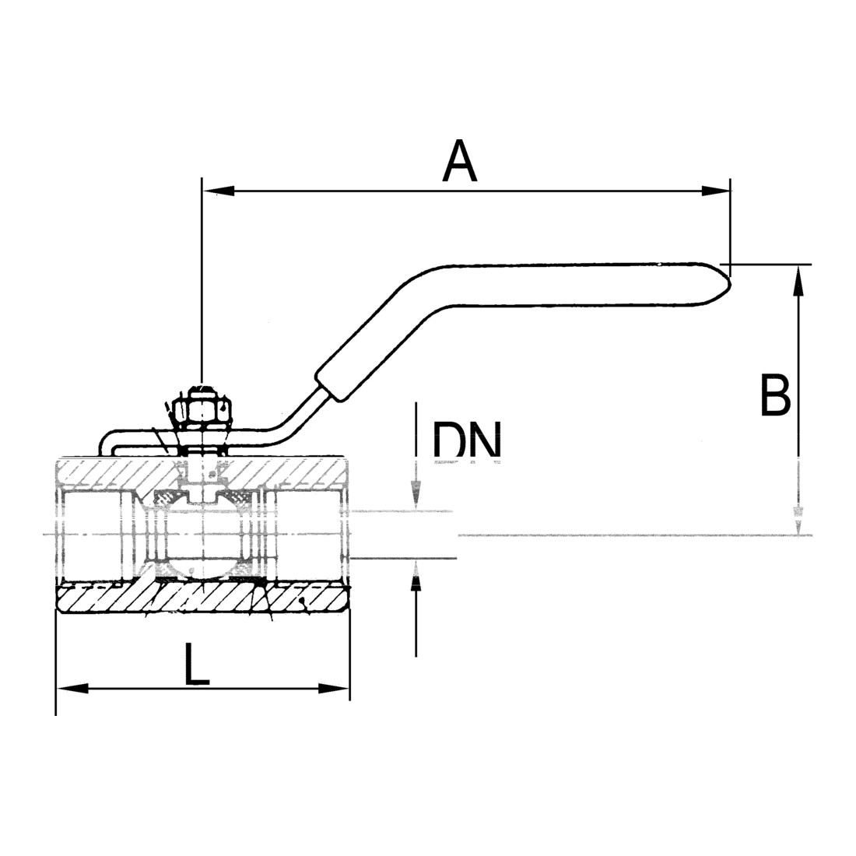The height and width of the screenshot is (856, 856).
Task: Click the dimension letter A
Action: pyautogui.click(x=460, y=161)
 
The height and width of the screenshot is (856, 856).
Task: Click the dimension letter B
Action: pyautogui.click(x=775, y=395)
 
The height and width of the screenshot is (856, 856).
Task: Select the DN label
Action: pyautogui.click(x=467, y=440)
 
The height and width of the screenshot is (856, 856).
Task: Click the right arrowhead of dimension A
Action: pyautogui.click(x=715, y=191)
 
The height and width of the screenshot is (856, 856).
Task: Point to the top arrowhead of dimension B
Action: pyautogui.click(x=798, y=280)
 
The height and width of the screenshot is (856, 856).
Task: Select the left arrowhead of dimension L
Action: pyautogui.click(x=72, y=689)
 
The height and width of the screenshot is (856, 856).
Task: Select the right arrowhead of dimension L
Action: pyautogui.click(x=334, y=689)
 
